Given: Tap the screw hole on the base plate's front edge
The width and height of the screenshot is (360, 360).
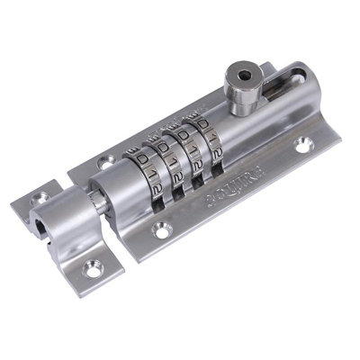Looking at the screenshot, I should point(161,232).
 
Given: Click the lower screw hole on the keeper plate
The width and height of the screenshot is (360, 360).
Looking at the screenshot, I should point(94,266).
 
